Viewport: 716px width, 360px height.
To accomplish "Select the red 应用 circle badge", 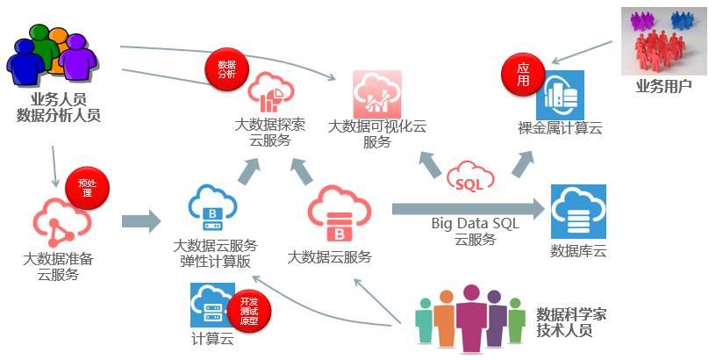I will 523,75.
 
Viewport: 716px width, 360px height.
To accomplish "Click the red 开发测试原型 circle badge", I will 249,308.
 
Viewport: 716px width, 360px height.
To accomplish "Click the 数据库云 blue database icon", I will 577,212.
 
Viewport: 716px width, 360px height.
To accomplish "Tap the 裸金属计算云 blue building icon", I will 559,94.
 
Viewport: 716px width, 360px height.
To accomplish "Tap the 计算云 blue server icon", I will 211,305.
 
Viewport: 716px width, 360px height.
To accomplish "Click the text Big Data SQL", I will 475,223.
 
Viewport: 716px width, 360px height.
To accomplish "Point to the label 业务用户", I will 663,86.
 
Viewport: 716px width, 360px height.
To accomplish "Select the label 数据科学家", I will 570,313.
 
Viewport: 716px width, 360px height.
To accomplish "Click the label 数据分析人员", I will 59,114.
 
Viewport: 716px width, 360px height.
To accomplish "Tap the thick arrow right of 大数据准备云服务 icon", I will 140,220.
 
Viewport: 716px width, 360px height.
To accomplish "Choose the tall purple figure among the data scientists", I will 472,317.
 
